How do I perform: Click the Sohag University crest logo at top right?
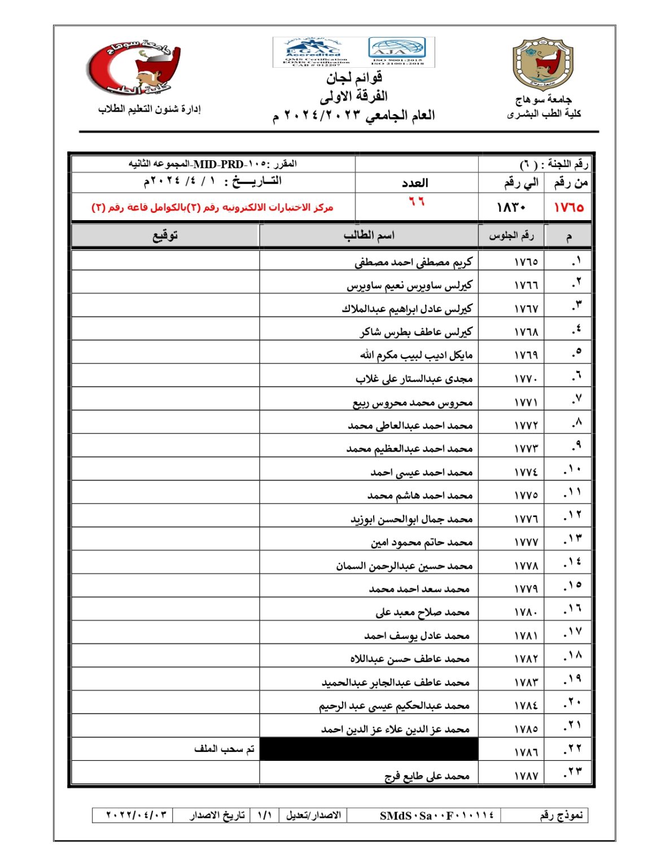[542, 64]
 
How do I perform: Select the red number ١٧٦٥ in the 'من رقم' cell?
[568, 207]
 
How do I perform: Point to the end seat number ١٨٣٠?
[511, 207]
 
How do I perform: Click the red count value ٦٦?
[417, 202]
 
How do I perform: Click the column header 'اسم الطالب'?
[369, 235]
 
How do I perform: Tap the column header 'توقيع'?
[165, 235]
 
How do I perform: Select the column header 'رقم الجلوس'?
[511, 235]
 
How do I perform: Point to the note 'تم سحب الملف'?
[224, 749]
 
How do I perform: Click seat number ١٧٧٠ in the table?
[526, 379]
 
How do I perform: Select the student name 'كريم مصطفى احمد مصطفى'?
[413, 262]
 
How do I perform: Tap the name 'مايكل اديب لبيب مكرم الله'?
[416, 355]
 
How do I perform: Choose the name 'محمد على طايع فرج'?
[427, 776]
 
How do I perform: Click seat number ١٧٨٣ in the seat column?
[526, 682]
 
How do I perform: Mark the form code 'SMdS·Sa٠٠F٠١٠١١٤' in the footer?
[436, 815]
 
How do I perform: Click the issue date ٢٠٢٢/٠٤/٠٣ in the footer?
[137, 815]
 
